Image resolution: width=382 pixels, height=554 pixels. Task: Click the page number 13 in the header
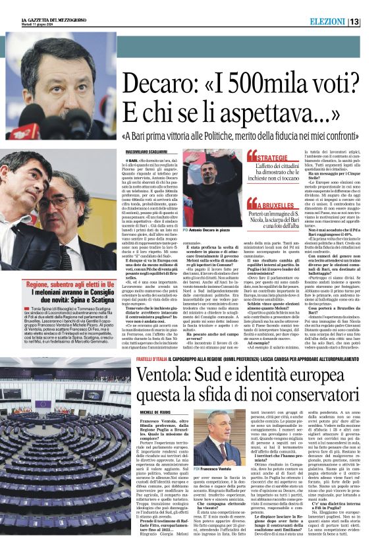[372, 22]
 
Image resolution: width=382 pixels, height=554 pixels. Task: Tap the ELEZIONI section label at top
[343, 22]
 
